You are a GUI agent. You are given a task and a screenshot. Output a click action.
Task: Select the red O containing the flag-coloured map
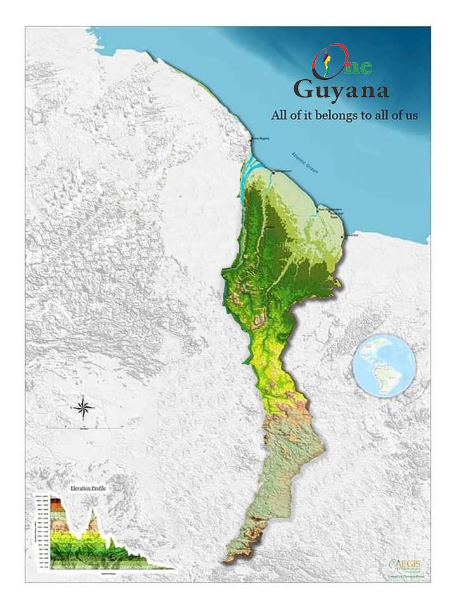[x=325, y=63]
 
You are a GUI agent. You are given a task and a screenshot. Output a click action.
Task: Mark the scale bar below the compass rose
[x=83, y=428]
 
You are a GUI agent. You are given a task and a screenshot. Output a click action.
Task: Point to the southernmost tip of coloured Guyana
[x=227, y=560]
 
